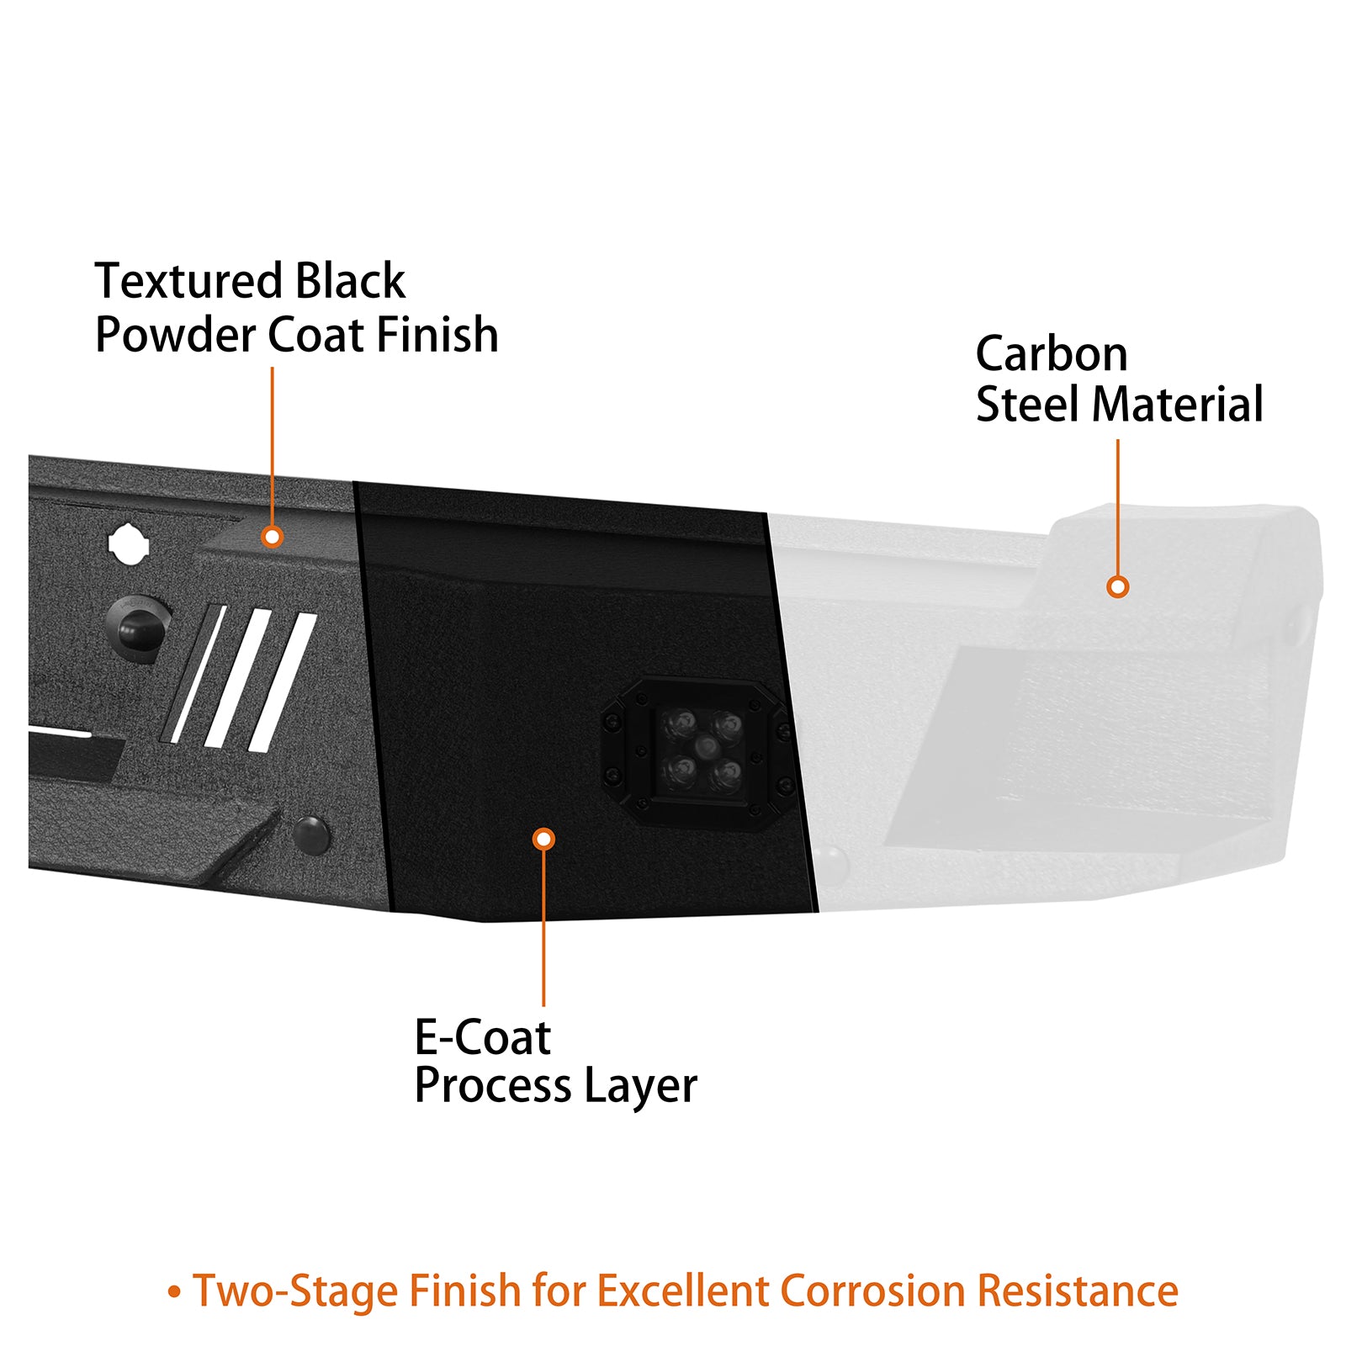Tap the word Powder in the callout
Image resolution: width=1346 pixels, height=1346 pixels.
coord(175,336)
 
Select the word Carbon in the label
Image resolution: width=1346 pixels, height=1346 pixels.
coord(1051,354)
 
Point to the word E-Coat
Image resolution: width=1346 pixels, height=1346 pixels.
coord(482,1037)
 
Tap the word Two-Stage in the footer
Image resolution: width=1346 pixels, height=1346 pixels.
coord(296,1290)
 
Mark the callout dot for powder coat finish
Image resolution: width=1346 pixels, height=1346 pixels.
coord(272,537)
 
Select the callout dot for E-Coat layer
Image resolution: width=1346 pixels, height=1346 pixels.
coord(543,839)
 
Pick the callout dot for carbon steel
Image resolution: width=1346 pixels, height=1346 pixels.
coord(1117,586)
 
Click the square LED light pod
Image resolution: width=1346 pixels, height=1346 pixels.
coord(700,751)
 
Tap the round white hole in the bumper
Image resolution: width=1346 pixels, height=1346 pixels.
coord(129,544)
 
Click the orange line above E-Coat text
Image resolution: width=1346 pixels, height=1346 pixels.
coord(543,925)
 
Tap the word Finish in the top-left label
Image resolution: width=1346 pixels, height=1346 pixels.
coord(437,336)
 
